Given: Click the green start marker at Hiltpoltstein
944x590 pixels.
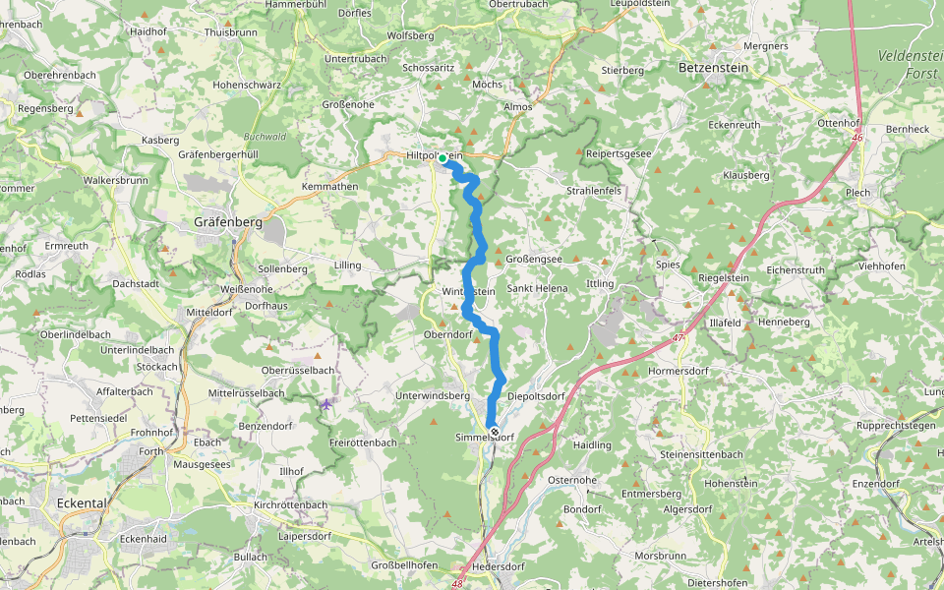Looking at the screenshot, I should (442, 158).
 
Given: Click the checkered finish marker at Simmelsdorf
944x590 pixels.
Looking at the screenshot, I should (495, 432).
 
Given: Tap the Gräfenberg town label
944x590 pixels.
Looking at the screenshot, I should (227, 222).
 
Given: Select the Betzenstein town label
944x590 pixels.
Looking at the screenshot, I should (714, 68).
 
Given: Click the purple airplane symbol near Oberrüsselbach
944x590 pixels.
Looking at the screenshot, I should (326, 403).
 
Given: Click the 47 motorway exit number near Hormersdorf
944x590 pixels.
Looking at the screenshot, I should (678, 338).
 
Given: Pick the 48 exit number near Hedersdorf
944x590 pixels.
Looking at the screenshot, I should (458, 583).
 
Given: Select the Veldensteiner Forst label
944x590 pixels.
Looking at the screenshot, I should (911, 64).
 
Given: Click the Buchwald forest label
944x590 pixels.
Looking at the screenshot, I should (264, 136).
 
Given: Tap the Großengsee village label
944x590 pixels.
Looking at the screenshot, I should (534, 259).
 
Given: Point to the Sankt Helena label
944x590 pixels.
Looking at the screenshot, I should (538, 288).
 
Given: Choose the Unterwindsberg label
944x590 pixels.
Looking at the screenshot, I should (433, 395).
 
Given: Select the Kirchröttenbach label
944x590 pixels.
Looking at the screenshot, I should (290, 504).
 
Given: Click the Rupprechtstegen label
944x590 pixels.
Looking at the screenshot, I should (896, 426).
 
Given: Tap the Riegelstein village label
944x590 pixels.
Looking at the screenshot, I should (724, 278).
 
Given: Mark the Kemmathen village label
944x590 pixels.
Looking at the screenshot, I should (330, 186).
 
